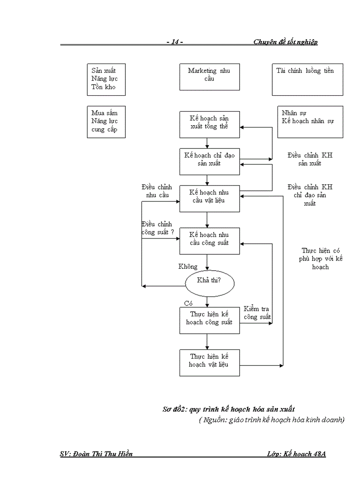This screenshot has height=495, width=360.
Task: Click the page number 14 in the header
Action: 175,42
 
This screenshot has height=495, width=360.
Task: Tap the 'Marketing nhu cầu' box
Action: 210,77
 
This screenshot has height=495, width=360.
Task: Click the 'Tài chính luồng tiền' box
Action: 307,79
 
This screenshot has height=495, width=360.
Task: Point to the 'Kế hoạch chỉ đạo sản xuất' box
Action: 210,161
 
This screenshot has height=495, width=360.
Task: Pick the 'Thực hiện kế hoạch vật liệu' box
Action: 210,362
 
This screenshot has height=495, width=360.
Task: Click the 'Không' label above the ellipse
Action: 188,266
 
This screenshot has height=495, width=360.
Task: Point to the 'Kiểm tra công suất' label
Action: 257,313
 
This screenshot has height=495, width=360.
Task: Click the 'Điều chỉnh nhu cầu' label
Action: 157,191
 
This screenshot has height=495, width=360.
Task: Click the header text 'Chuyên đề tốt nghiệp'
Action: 285,42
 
